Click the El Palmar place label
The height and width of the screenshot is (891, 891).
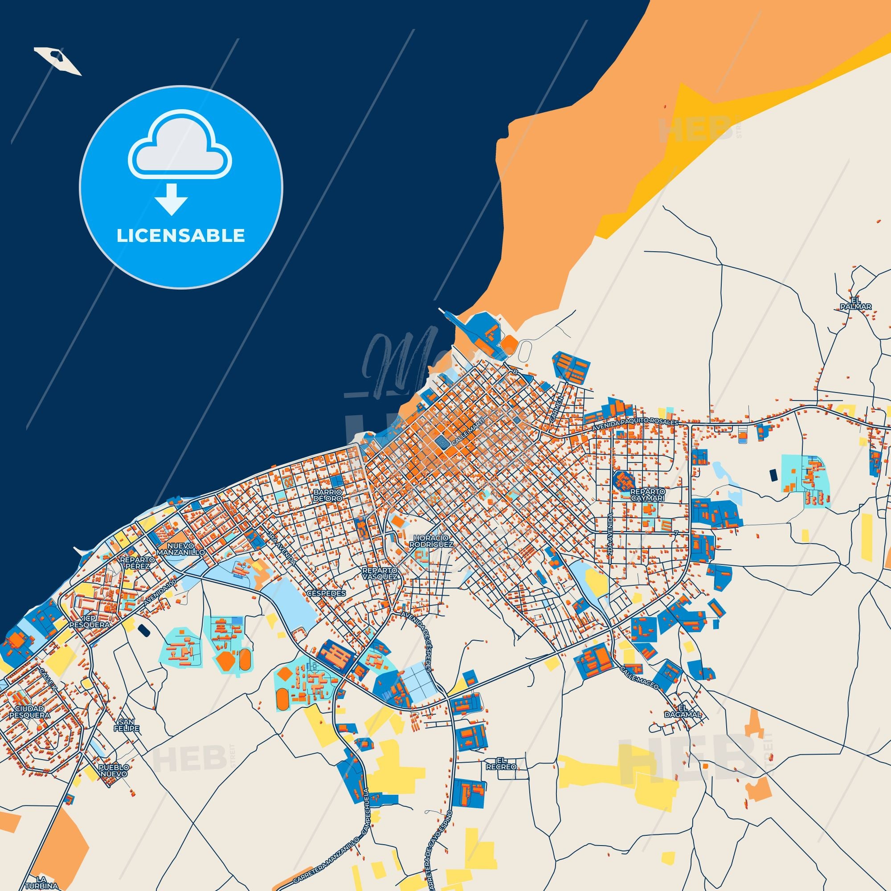click(862, 302)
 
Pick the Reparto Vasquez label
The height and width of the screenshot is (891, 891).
click(380, 573)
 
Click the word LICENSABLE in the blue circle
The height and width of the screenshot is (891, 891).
click(181, 236)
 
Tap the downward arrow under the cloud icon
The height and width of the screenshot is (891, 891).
click(171, 199)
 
